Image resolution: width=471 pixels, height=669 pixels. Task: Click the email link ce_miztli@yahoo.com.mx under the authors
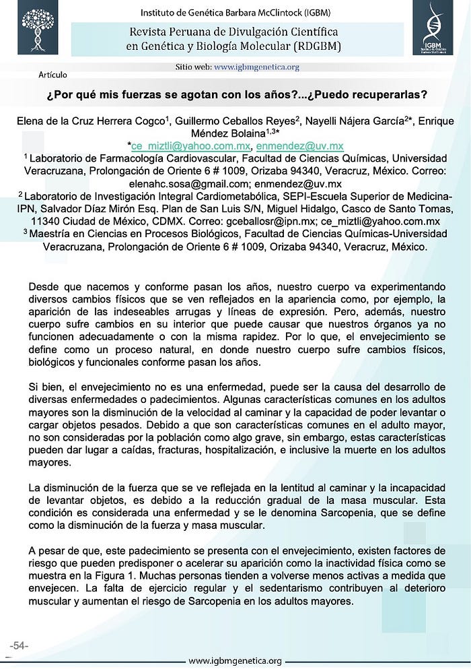(x=191, y=146)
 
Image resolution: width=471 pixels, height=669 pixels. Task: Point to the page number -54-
(x=18, y=645)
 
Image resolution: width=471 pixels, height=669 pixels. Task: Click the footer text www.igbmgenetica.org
(x=235, y=660)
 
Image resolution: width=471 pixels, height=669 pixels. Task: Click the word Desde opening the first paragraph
(x=44, y=286)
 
